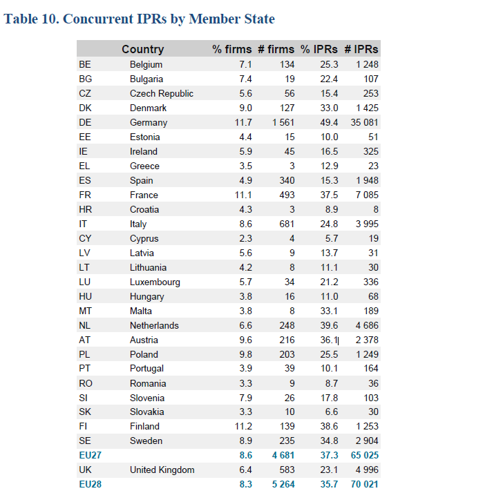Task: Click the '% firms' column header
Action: pos(231,49)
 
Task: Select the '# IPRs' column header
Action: pos(361,49)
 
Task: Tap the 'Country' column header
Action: pos(143,49)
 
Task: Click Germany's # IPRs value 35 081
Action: pos(364,122)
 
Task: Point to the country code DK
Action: pos(85,108)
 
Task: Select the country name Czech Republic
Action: pos(162,93)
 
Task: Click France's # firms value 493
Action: pos(287,195)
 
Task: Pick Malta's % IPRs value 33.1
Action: pos(329,311)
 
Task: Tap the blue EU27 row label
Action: pos(90,455)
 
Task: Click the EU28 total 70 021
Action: pos(364,484)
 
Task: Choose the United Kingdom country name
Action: pos(162,470)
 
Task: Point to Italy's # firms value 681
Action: pos(287,224)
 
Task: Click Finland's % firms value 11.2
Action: pos(243,426)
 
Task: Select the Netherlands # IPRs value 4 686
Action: pos(367,325)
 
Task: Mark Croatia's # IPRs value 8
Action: pos(376,209)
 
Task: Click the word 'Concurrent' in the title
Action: pos(98,19)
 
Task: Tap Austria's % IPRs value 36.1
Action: pos(329,340)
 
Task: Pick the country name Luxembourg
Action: pos(155,282)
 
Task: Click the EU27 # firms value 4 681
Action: pos(283,455)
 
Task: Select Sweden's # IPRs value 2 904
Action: pos(367,441)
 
